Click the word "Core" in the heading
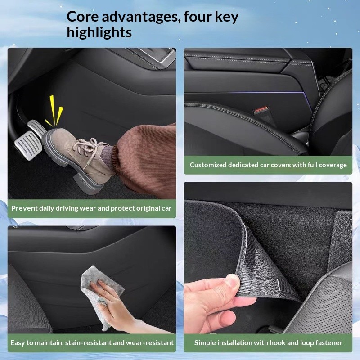point(83,17)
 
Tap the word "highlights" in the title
point(99,32)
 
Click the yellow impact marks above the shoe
point(54,111)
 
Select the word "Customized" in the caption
point(208,165)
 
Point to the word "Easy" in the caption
point(18,343)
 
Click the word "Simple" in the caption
point(205,343)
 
